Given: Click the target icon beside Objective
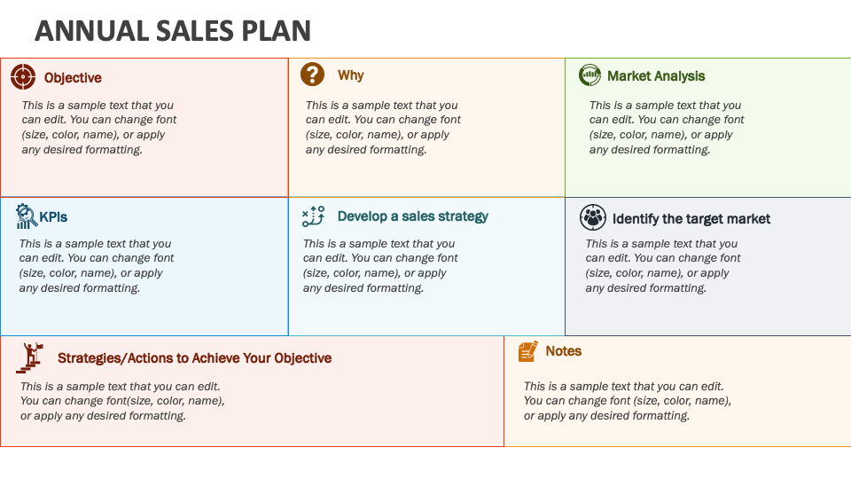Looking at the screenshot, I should click(23, 76).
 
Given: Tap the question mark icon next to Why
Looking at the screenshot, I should click(312, 75).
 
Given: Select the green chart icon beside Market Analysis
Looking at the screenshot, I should click(589, 75).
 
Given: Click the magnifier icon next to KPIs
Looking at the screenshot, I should click(26, 216).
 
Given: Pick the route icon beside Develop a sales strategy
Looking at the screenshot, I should click(314, 216).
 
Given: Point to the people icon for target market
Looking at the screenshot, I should click(592, 217).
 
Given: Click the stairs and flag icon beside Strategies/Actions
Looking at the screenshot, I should click(30, 357).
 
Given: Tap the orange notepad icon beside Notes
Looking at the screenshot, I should click(527, 351).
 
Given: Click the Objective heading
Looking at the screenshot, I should click(73, 78).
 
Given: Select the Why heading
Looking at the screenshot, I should click(350, 75).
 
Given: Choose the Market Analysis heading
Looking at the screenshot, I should click(656, 76).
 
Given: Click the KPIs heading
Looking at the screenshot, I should click(53, 216).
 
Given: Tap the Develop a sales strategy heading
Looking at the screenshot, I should click(412, 216).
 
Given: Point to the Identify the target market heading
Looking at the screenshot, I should click(691, 218).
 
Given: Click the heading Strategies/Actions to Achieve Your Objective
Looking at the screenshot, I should click(194, 358).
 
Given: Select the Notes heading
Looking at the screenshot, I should click(563, 351).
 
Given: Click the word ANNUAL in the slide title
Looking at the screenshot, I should click(80, 31).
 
